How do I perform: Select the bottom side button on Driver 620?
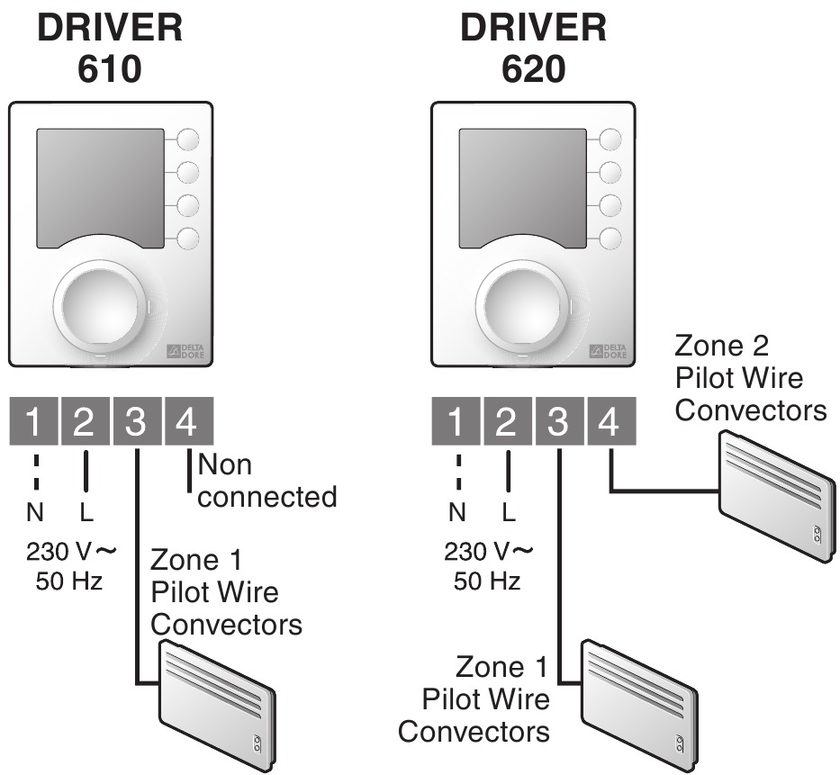[x=611, y=239]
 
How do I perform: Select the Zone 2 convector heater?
[x=775, y=495]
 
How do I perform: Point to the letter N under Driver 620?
[x=457, y=513]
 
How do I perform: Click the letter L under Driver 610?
[x=86, y=513]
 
